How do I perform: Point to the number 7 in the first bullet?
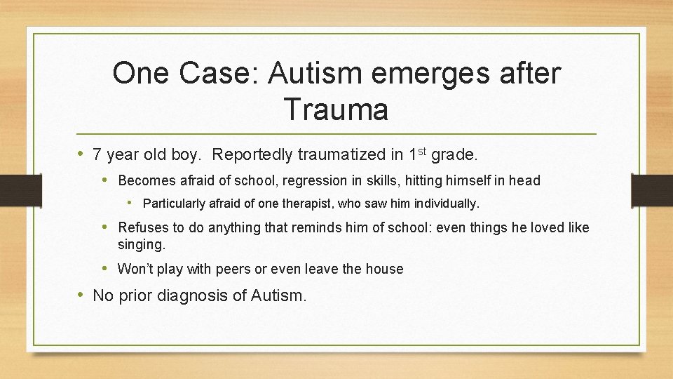[x=97, y=154]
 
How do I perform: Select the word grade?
[x=454, y=154]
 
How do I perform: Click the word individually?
[x=447, y=204]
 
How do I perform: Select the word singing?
[x=142, y=245]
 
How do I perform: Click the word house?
[x=385, y=269]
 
